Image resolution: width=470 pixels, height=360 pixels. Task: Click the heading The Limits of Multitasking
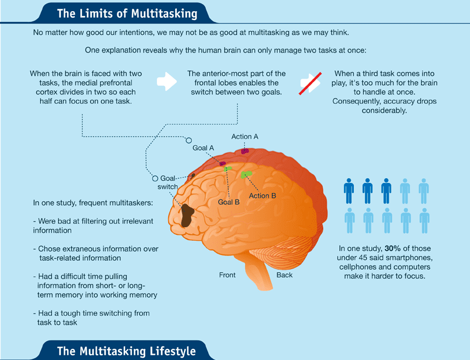click(127, 12)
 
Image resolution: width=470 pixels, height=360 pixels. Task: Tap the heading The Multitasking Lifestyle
click(126, 351)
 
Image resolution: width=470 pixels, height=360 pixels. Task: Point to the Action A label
click(245, 136)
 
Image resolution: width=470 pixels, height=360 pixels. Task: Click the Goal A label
click(203, 148)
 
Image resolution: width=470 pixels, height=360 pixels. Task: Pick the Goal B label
click(228, 202)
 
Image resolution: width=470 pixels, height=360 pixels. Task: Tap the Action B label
click(262, 195)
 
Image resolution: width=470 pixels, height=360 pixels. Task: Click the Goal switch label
click(168, 182)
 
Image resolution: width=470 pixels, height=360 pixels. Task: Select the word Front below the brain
click(227, 275)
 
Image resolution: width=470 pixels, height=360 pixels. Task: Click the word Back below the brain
click(284, 275)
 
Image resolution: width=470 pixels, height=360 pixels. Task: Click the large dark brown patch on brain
click(190, 215)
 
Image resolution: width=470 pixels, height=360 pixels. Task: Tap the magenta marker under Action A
click(245, 151)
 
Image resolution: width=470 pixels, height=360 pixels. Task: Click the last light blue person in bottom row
click(424, 220)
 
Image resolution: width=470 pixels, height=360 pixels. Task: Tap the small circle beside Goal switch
click(155, 178)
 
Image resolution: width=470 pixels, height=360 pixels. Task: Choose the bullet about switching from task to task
click(91, 318)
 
